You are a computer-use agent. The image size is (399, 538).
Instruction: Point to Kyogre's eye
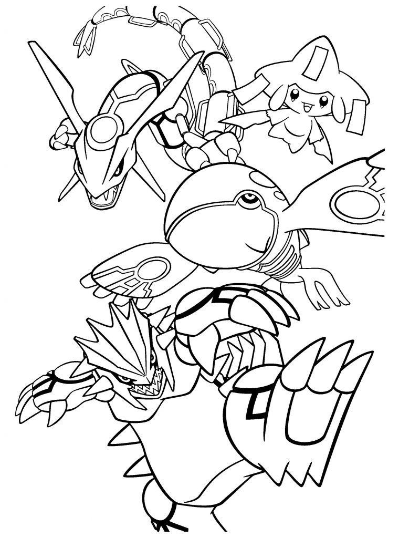(x=246, y=199)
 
